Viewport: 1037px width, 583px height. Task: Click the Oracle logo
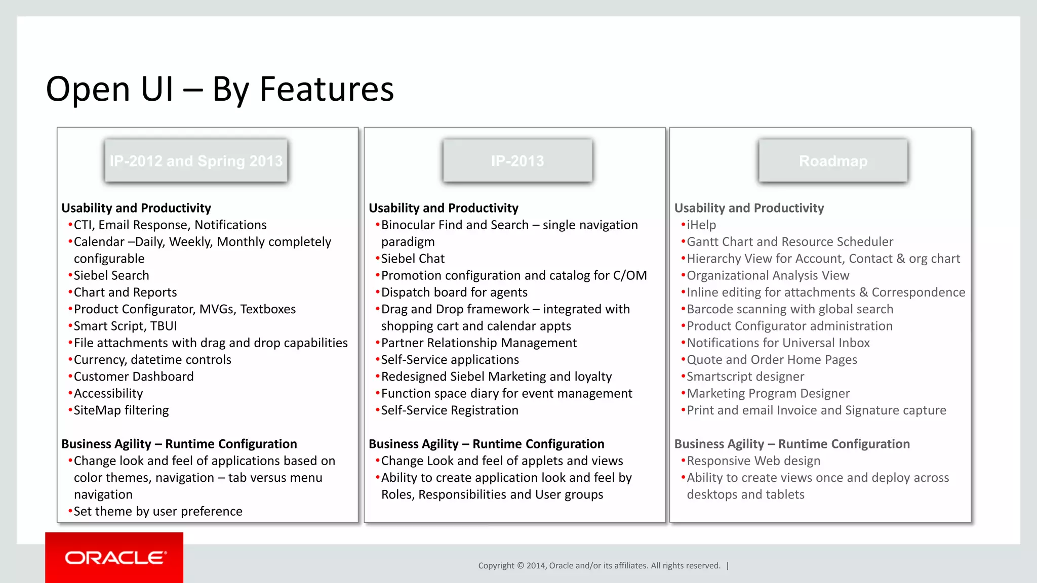[x=115, y=558]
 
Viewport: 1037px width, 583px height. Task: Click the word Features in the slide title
[x=327, y=90]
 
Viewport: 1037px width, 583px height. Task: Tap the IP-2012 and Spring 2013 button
[x=196, y=161]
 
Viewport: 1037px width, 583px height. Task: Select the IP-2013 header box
[x=517, y=161]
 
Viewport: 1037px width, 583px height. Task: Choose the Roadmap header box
[x=833, y=161]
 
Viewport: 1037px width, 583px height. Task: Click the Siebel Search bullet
[x=111, y=276]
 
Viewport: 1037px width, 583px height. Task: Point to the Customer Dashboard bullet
[x=134, y=377]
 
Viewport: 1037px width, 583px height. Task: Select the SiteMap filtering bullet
[x=122, y=410]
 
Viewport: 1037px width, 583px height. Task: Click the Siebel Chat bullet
[x=413, y=259]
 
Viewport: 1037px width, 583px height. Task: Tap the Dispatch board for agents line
[x=454, y=293]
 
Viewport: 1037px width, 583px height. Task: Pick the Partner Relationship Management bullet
[x=478, y=343]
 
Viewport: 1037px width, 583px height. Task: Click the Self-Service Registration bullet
[x=450, y=410]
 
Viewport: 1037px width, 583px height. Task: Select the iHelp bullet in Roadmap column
[x=701, y=225]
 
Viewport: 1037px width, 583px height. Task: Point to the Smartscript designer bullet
[x=745, y=377]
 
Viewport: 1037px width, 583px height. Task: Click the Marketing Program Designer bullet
[x=768, y=394]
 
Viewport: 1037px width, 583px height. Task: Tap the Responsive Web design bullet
[x=753, y=461]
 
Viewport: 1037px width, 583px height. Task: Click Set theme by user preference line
[x=158, y=512]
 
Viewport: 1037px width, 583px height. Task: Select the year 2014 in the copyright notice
[x=536, y=566]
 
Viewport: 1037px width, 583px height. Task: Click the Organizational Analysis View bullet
[x=768, y=276]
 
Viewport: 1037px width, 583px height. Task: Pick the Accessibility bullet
[x=108, y=394]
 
